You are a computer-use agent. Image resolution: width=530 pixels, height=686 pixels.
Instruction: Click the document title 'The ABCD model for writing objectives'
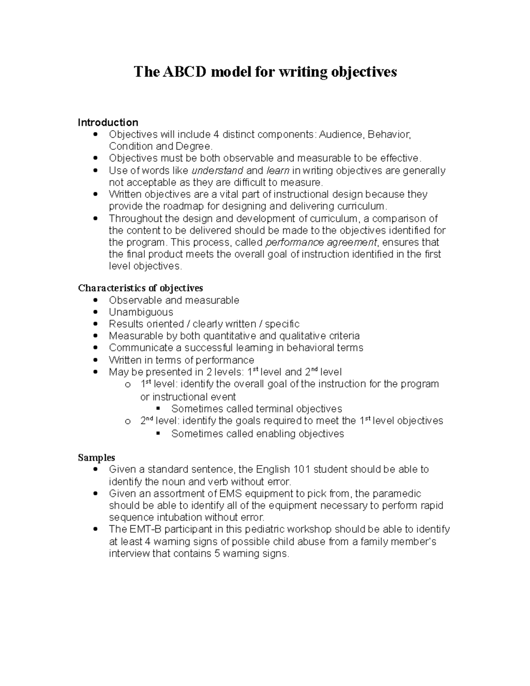tap(265, 72)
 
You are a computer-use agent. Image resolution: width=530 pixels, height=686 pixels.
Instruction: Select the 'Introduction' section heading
tap(108, 122)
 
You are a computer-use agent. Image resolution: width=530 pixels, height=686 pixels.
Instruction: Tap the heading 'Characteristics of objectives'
tap(140, 288)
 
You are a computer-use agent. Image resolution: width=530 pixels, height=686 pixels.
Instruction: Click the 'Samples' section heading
tap(96, 457)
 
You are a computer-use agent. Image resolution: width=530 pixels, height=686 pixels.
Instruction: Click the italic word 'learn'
tap(278, 171)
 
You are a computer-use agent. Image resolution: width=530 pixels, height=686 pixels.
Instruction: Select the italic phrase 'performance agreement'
tap(321, 242)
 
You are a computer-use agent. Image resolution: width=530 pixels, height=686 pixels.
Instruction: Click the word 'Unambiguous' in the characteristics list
tap(141, 312)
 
